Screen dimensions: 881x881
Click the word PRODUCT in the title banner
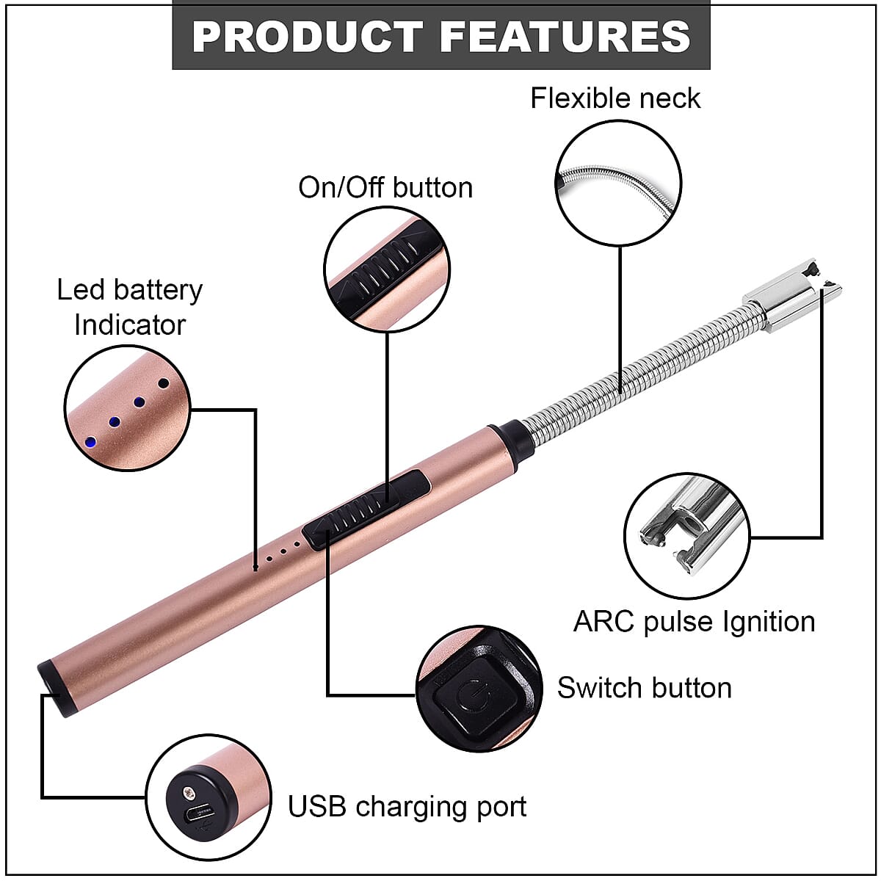(x=307, y=36)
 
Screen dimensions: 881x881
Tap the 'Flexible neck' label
(x=615, y=98)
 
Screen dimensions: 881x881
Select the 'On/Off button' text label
(x=385, y=188)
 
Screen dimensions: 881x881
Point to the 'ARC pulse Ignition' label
(x=694, y=622)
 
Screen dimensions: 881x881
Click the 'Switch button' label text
(x=644, y=688)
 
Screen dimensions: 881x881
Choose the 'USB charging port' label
(x=407, y=806)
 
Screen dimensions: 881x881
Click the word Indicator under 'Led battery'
(x=130, y=325)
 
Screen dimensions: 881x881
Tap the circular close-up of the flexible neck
(x=618, y=184)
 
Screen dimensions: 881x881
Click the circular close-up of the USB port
(x=209, y=797)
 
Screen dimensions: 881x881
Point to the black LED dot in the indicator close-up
(x=163, y=383)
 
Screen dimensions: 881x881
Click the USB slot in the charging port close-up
(x=200, y=814)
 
